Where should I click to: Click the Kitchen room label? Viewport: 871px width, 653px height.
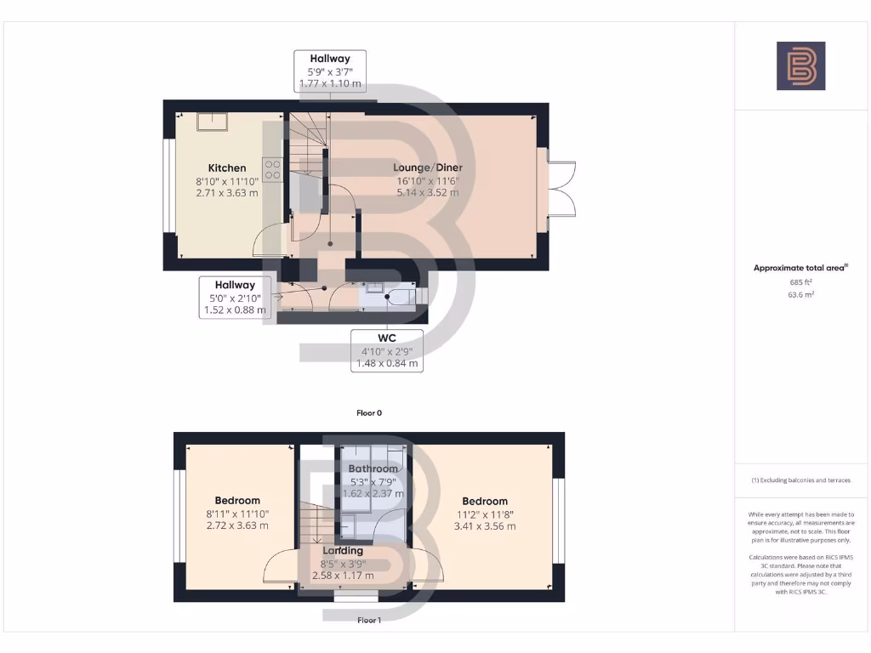(x=227, y=168)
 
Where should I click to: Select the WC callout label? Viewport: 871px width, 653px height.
(x=388, y=338)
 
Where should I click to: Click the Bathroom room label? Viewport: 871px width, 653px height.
(x=373, y=468)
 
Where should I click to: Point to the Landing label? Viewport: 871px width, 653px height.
(x=343, y=551)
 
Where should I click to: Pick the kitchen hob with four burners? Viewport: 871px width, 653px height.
(x=273, y=169)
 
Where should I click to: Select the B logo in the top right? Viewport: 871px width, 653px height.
(x=800, y=65)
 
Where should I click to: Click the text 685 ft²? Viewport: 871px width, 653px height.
(x=800, y=281)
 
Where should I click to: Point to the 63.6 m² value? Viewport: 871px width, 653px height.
(x=800, y=294)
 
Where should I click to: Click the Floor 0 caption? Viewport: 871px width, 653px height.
(x=369, y=412)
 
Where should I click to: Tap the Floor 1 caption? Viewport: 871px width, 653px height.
(x=368, y=621)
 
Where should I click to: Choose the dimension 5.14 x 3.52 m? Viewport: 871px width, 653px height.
(x=428, y=192)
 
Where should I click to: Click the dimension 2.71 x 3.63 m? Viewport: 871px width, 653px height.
(x=227, y=193)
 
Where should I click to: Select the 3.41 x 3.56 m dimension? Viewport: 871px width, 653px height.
(x=485, y=526)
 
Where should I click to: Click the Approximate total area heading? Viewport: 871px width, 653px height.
(x=800, y=268)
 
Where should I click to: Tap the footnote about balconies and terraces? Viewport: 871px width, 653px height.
(x=800, y=480)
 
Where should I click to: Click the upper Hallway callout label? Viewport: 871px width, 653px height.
(x=330, y=59)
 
